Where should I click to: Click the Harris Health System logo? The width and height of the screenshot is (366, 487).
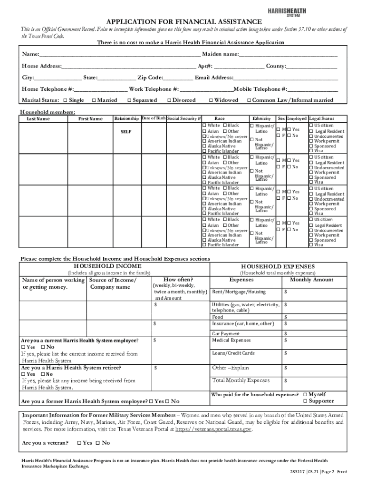(287, 11)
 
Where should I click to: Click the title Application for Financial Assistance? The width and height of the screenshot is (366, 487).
(183, 21)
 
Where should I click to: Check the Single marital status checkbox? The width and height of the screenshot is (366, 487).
(66, 100)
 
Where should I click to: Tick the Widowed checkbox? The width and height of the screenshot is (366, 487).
(211, 100)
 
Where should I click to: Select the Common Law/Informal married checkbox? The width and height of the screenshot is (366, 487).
(248, 100)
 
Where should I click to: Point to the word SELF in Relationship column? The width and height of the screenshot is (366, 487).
(126, 132)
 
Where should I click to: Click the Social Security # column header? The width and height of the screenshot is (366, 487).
(184, 118)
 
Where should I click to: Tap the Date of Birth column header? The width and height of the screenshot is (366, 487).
(153, 118)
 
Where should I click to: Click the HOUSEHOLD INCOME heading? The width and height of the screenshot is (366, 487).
(107, 266)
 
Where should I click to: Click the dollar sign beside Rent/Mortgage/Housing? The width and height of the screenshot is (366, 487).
(285, 292)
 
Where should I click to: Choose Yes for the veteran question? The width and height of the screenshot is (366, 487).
(79, 443)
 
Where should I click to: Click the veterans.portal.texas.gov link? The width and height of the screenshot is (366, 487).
(213, 429)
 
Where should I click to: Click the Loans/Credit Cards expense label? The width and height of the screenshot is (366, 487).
(233, 353)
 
